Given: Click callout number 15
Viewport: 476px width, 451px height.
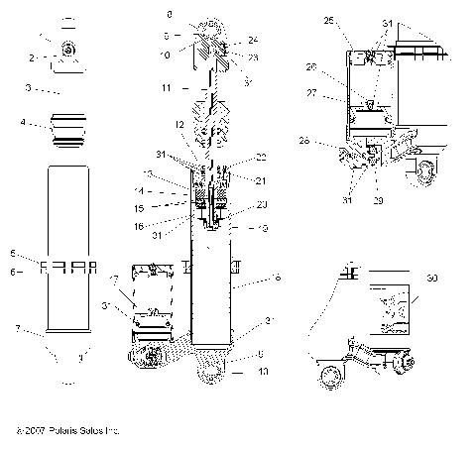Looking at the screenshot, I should pyautogui.click(x=154, y=209).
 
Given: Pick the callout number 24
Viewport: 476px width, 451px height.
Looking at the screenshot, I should pyautogui.click(x=254, y=40).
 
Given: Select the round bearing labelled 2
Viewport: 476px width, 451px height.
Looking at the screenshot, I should pyautogui.click(x=66, y=51).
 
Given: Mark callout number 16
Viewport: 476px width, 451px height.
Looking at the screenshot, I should pyautogui.click(x=154, y=226).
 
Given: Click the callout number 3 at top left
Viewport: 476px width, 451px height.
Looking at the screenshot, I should pyautogui.click(x=31, y=88).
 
